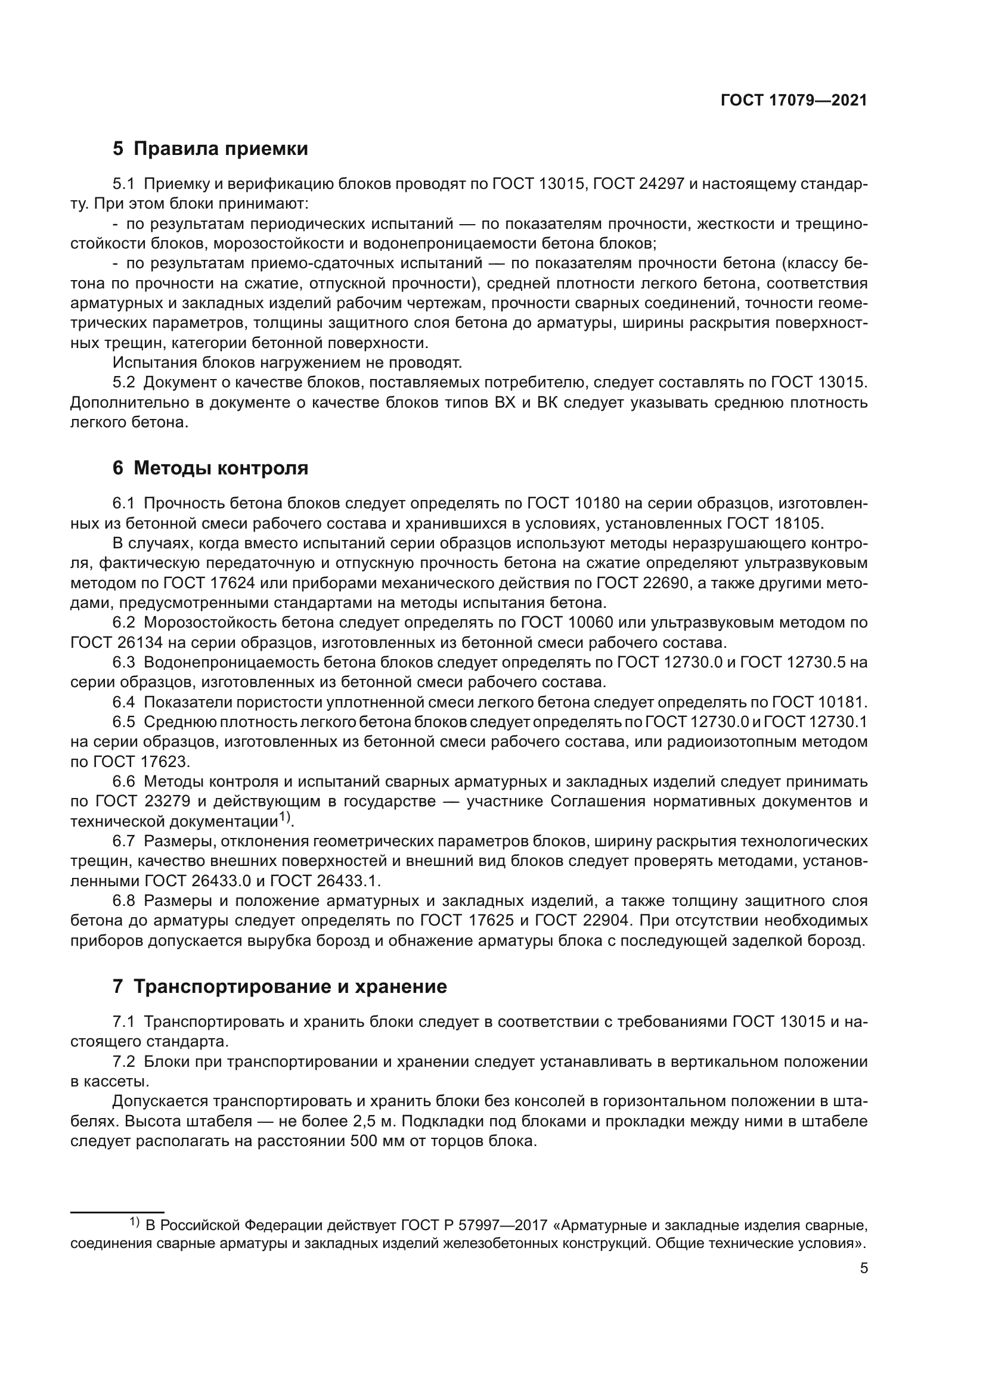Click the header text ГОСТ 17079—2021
pos(793,101)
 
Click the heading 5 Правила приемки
pos(210,149)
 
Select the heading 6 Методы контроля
pos(210,468)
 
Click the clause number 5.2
pos(125,383)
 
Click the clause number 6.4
pos(125,703)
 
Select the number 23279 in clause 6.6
pos(165,802)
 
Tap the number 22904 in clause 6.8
pos(602,920)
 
